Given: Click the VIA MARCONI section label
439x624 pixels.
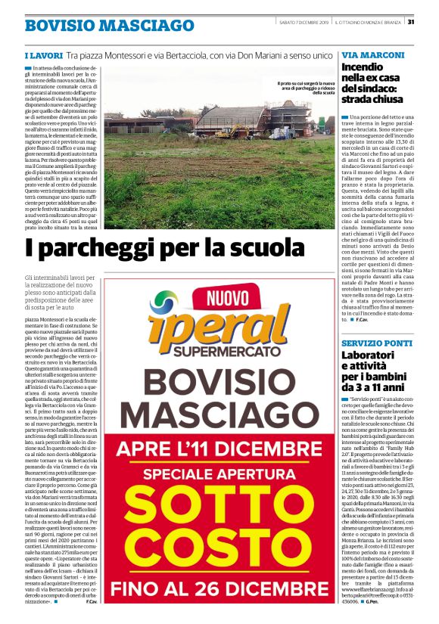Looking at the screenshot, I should (x=371, y=56).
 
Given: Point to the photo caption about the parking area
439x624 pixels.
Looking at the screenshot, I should (x=305, y=88).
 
